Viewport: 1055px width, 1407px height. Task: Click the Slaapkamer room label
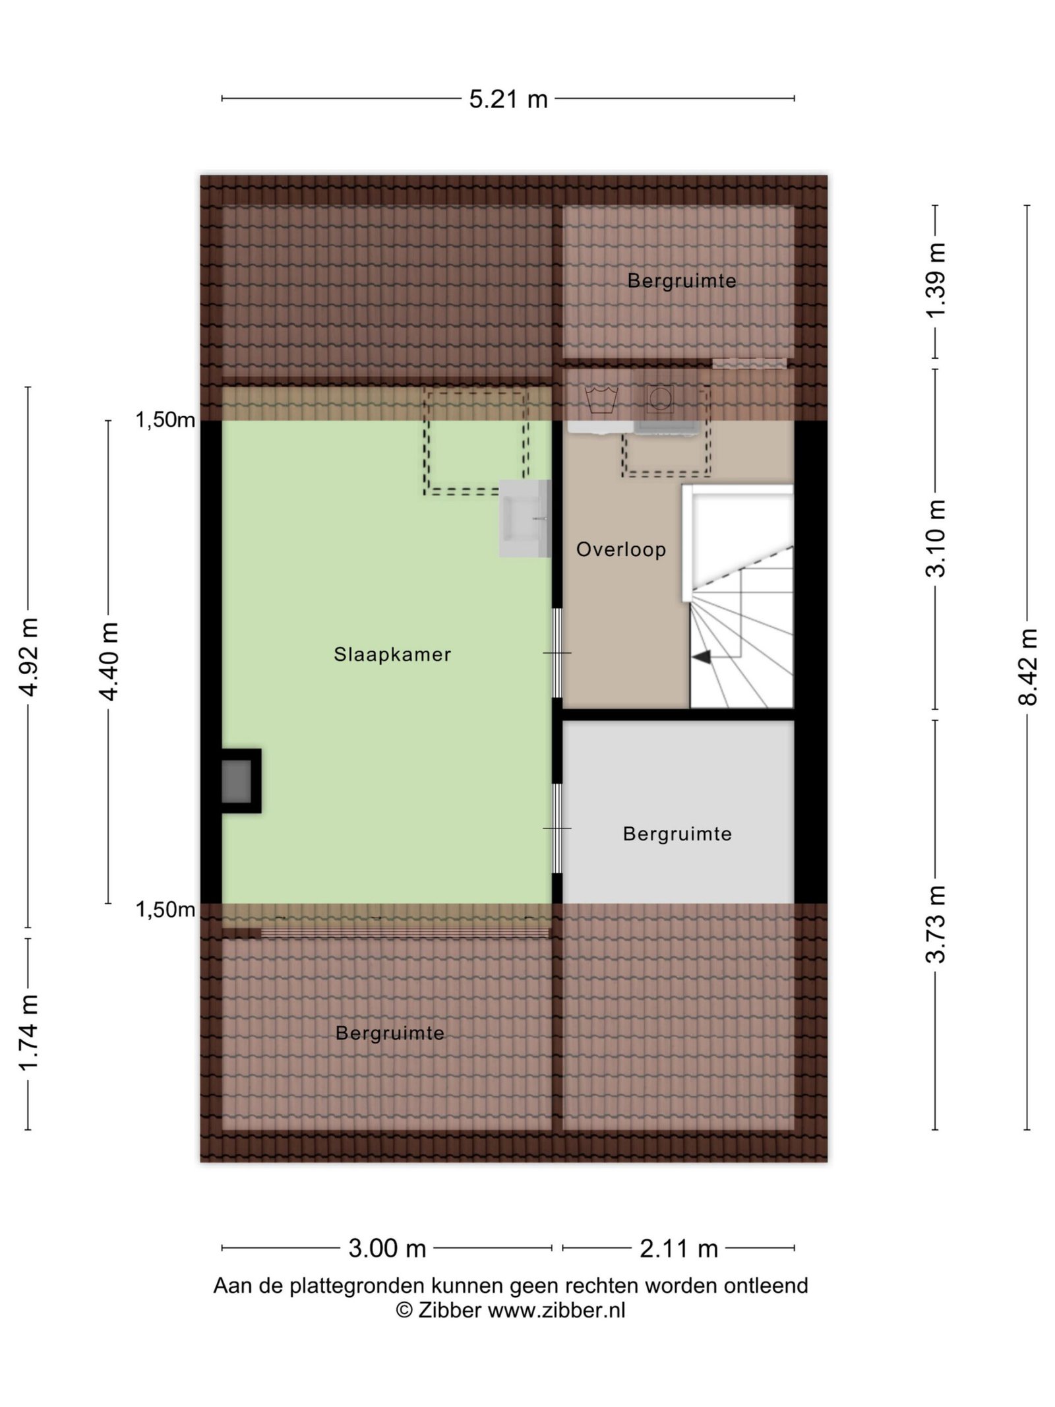(x=392, y=654)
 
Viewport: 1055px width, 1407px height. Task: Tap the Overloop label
(x=621, y=549)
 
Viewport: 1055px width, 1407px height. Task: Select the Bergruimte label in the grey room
(x=677, y=834)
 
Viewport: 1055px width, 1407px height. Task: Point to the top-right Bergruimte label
(x=682, y=281)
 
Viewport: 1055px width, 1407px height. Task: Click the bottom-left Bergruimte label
(x=390, y=1033)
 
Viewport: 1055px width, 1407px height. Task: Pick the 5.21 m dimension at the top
(x=508, y=99)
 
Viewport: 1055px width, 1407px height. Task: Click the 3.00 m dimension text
(x=387, y=1249)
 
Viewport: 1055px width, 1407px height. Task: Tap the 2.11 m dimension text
(x=678, y=1249)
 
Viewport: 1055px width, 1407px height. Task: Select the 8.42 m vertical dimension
(x=1027, y=667)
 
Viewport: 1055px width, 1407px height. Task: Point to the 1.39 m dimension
(x=936, y=280)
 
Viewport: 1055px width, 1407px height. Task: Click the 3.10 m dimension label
(x=936, y=538)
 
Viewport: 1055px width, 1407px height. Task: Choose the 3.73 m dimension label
(x=936, y=924)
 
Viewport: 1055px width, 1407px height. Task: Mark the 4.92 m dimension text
(x=28, y=657)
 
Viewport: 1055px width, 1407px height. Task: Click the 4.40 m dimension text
(x=108, y=662)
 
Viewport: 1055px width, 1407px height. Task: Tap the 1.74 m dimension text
(x=28, y=1033)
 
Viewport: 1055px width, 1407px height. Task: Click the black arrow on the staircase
(x=702, y=657)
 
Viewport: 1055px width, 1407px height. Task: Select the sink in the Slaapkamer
(x=525, y=518)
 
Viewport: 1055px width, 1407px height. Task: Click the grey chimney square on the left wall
(x=236, y=782)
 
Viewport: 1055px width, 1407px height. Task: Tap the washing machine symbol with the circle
(x=659, y=398)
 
